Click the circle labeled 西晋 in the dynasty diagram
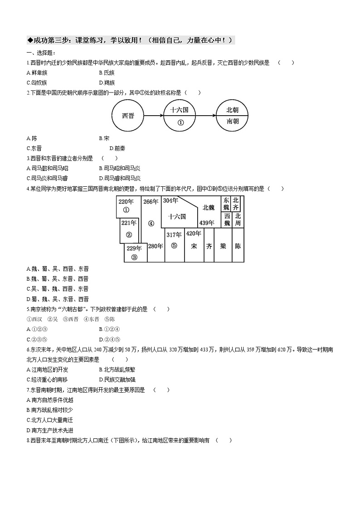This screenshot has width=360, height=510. [x=128, y=116]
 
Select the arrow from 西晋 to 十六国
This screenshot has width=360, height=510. [x=155, y=116]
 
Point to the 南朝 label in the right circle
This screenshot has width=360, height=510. [x=233, y=121]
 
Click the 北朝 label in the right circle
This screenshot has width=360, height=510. [x=233, y=110]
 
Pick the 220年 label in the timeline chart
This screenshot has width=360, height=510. [x=126, y=202]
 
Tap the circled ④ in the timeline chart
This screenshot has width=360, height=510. [x=151, y=223]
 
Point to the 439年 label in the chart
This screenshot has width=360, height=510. [x=206, y=223]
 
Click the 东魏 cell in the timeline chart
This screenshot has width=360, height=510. [x=226, y=204]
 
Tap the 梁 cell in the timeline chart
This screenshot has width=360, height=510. [x=223, y=246]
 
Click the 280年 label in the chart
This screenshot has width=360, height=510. [x=156, y=246]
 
